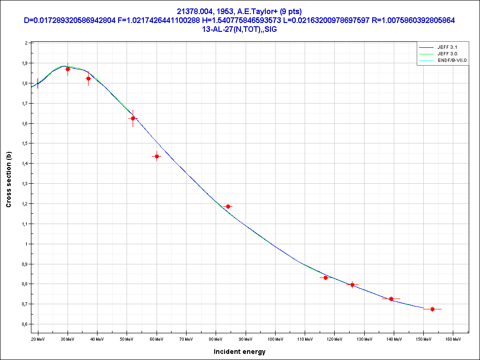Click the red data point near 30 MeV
pyautogui.click(x=67, y=69)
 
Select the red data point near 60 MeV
pyautogui.click(x=157, y=156)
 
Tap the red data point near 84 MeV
pyautogui.click(x=228, y=206)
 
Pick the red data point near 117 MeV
pyautogui.click(x=326, y=277)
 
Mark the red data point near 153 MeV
pyautogui.click(x=432, y=309)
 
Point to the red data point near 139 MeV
pyautogui.click(x=391, y=299)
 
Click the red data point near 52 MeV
pyautogui.click(x=133, y=118)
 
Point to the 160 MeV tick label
pyautogui.click(x=453, y=338)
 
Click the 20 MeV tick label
pyautogui.click(x=38, y=338)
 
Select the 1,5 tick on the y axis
pyautogui.click(x=26, y=143)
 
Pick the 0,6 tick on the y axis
pyautogui.click(x=26, y=324)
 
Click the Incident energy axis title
pyautogui.click(x=240, y=352)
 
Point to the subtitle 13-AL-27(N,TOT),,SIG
pyautogui.click(x=240, y=28)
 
